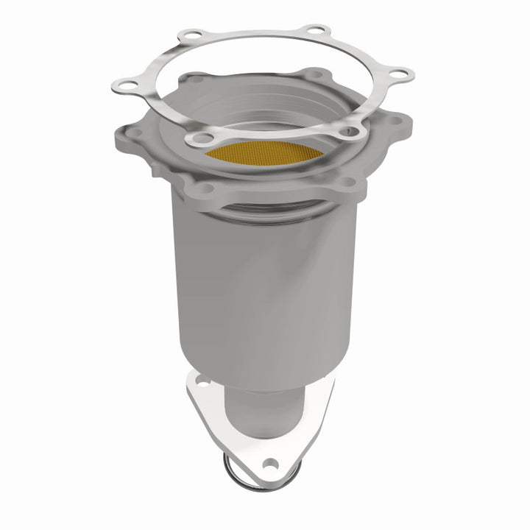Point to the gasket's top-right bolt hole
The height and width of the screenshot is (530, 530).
pos(317,32)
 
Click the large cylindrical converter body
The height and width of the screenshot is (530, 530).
pos(265,287)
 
